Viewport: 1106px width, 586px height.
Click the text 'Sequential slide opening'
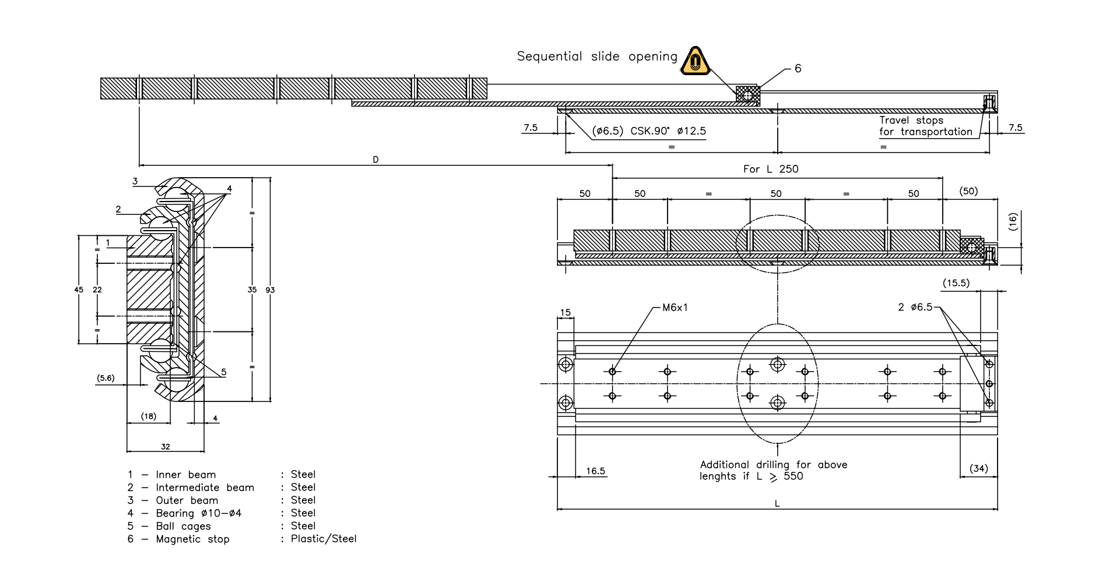(597, 57)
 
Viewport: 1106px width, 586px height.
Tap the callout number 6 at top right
(798, 69)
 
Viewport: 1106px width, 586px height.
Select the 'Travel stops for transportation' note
(925, 126)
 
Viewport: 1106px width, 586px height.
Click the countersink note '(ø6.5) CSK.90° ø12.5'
(649, 131)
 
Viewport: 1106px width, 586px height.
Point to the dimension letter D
(375, 160)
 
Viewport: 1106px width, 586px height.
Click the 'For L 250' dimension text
(770, 169)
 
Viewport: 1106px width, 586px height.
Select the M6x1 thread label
(675, 308)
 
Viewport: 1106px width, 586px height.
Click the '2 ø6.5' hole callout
(915, 307)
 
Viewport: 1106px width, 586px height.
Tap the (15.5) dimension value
(956, 283)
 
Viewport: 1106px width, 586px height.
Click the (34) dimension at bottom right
(978, 468)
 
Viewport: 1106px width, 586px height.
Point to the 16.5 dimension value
(595, 471)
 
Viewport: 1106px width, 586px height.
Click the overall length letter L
(777, 504)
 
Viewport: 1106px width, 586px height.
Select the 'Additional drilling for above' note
(773, 465)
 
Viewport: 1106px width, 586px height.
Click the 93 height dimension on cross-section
(270, 290)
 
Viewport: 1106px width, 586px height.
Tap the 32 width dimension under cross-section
(166, 447)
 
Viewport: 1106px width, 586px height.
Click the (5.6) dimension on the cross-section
(106, 378)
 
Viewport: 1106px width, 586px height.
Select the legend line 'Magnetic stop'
(192, 539)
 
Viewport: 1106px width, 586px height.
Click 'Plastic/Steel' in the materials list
(324, 539)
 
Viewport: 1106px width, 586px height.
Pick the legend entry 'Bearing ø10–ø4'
(198, 513)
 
